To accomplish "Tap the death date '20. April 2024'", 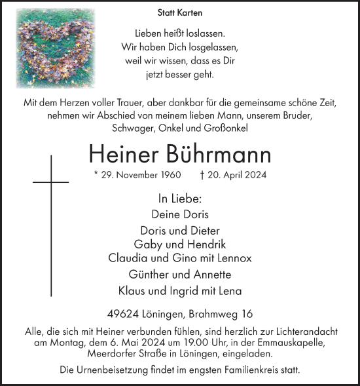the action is [x=236, y=176].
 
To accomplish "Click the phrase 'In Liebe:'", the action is [x=179, y=197].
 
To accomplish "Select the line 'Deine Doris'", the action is [x=179, y=214].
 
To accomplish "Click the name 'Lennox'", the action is [x=234, y=258].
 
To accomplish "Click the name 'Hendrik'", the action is [x=209, y=244].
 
